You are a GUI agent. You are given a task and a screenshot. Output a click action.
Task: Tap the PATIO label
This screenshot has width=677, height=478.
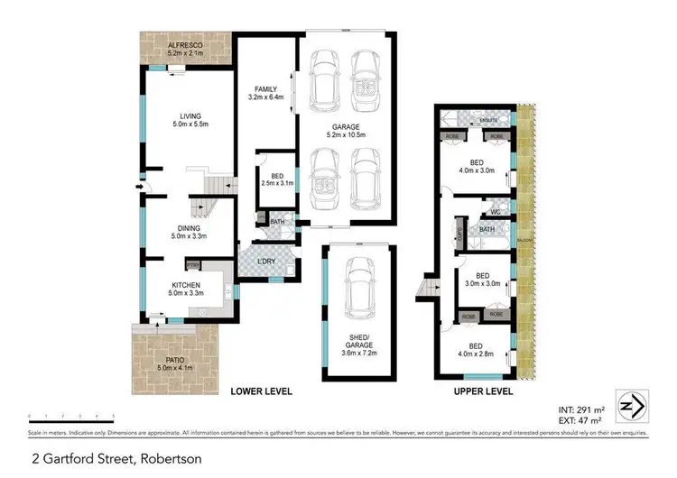tap(176, 363)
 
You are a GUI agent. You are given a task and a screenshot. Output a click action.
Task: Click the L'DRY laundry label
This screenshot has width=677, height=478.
tap(269, 262)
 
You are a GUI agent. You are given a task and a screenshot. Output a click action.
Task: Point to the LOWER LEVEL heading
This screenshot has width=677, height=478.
tap(262, 392)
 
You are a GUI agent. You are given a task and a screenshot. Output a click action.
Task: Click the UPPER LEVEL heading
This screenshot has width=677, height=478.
tap(484, 392)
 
